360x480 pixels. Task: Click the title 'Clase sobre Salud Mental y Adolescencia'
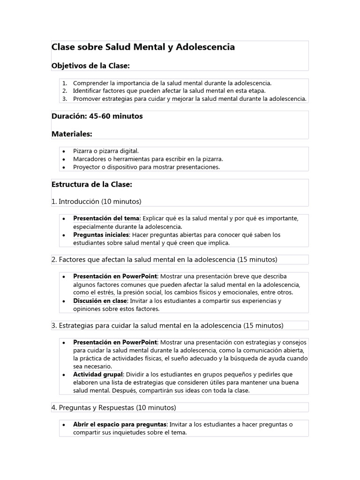[143, 47]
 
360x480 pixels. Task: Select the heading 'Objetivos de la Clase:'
[90, 66]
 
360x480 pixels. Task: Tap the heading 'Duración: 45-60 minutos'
[97, 116]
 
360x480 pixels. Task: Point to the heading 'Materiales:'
[72, 134]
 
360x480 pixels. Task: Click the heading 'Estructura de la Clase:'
[92, 184]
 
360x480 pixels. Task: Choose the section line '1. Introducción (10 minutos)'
[96, 202]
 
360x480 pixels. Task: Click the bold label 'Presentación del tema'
[106, 218]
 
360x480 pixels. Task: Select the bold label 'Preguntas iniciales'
[101, 235]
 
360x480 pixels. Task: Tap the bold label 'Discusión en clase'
[100, 301]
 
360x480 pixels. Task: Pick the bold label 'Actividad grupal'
[98, 375]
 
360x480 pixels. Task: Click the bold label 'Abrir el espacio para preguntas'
[120, 424]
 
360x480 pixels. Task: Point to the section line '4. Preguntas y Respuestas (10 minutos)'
[114, 407]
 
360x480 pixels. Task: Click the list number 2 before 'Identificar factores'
[65, 90]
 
